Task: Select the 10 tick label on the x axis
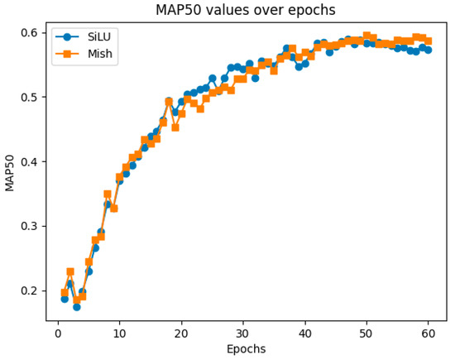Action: pyautogui.click(x=119, y=333)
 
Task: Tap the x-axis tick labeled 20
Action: pyautogui.click(x=181, y=333)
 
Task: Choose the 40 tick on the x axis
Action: pyautogui.click(x=304, y=333)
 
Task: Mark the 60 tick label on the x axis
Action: pyautogui.click(x=428, y=333)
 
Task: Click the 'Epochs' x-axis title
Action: pyautogui.click(x=246, y=349)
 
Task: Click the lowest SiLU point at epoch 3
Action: pyautogui.click(x=76, y=306)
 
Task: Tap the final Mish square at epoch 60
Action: pyautogui.click(x=428, y=41)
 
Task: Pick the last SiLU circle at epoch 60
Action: pyautogui.click(x=428, y=50)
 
